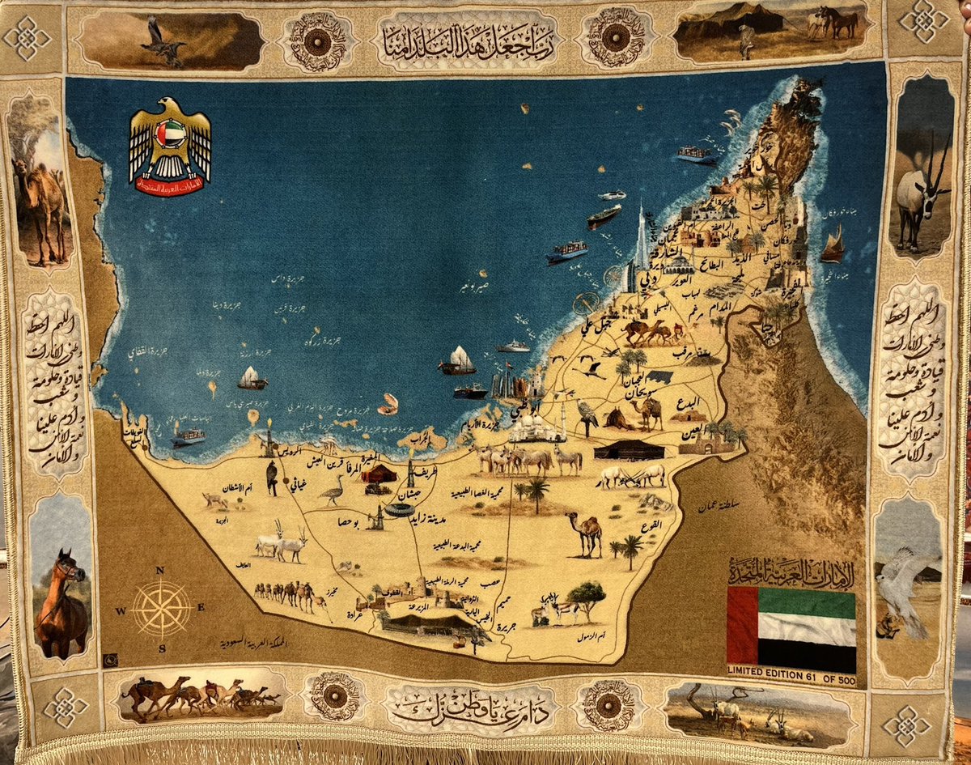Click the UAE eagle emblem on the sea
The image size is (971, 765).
170,146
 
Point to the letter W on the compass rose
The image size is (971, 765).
121,610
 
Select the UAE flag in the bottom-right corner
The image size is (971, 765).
791,625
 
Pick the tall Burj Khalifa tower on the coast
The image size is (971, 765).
641,239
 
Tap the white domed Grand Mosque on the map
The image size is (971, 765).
536,427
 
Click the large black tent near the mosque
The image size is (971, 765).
629,449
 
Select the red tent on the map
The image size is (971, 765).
378,473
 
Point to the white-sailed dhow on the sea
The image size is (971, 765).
458,361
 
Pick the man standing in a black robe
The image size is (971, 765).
272,478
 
